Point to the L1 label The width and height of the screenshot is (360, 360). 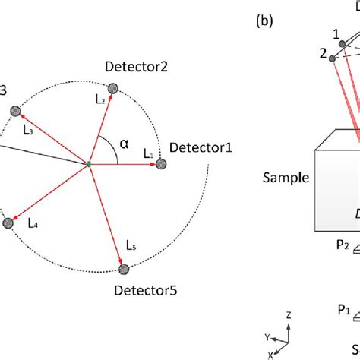[x=147, y=153]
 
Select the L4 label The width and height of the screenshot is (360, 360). [x=33, y=223]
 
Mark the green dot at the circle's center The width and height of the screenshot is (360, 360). [x=89, y=164]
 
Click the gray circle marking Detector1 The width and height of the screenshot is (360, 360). [x=161, y=163]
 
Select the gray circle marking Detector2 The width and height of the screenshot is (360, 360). [x=113, y=90]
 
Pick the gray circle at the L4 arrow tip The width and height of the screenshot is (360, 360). [x=8, y=223]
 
